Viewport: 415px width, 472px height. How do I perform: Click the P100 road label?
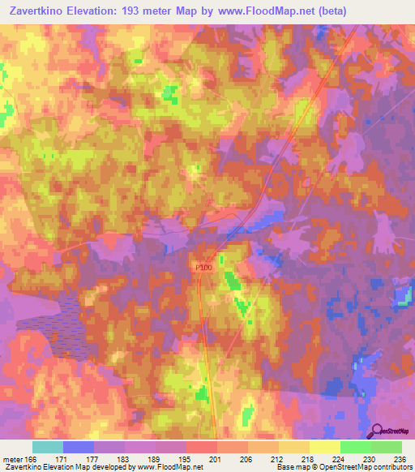tap(203, 266)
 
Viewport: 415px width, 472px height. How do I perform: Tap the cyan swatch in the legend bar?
tap(48, 447)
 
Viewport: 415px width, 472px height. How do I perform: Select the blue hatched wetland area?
tap(53, 324)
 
